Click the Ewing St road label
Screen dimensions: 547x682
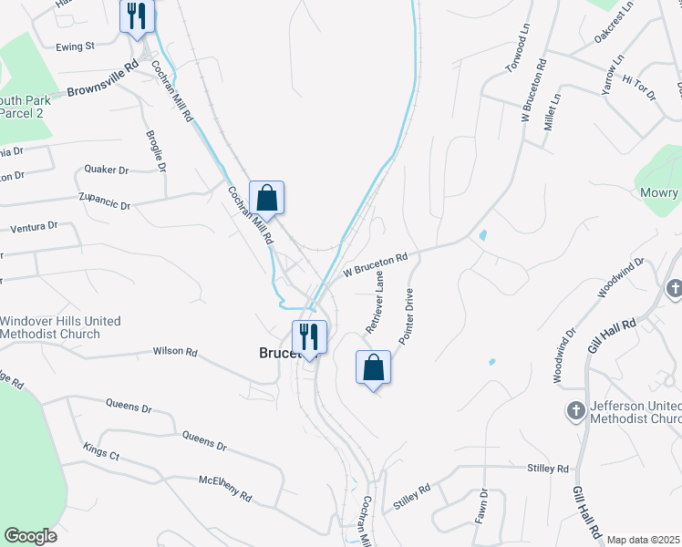(x=75, y=46)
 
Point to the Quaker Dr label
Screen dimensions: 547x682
(x=106, y=170)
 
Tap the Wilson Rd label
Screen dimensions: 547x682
(x=175, y=351)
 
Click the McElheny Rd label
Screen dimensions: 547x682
(x=224, y=487)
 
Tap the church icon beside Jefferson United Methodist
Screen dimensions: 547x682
(x=575, y=410)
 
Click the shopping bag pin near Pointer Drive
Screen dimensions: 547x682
(x=373, y=367)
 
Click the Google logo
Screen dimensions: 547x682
(x=30, y=536)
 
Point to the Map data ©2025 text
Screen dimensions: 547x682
(x=644, y=540)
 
